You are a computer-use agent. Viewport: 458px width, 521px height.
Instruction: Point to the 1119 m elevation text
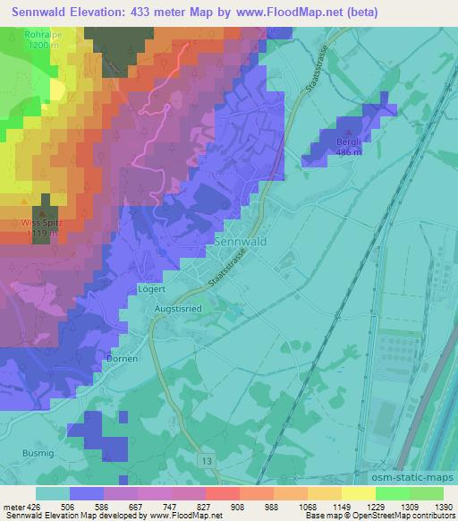click(42, 234)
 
